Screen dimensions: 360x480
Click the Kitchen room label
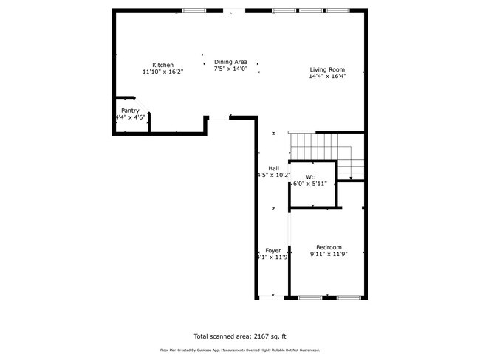[162, 65]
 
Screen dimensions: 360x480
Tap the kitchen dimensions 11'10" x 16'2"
[162, 72]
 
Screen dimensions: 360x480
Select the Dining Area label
[230, 62]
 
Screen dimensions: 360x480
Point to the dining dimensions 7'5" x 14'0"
[230, 69]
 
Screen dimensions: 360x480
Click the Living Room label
[327, 69]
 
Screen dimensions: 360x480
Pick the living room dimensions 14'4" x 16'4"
[327, 76]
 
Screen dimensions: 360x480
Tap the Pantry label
[130, 111]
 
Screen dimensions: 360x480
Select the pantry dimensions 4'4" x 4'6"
[130, 117]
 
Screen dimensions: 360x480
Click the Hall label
[273, 168]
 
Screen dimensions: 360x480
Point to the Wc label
[311, 177]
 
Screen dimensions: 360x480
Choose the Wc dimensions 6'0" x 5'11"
[311, 184]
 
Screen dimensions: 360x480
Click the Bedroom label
[329, 247]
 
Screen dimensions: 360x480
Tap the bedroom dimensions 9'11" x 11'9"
[329, 255]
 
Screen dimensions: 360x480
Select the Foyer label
[272, 251]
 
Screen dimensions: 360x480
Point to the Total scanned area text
[240, 333]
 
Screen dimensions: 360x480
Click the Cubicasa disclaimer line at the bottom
[240, 350]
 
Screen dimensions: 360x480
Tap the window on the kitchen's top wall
[194, 10]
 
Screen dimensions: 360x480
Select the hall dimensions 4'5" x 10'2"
[273, 176]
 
